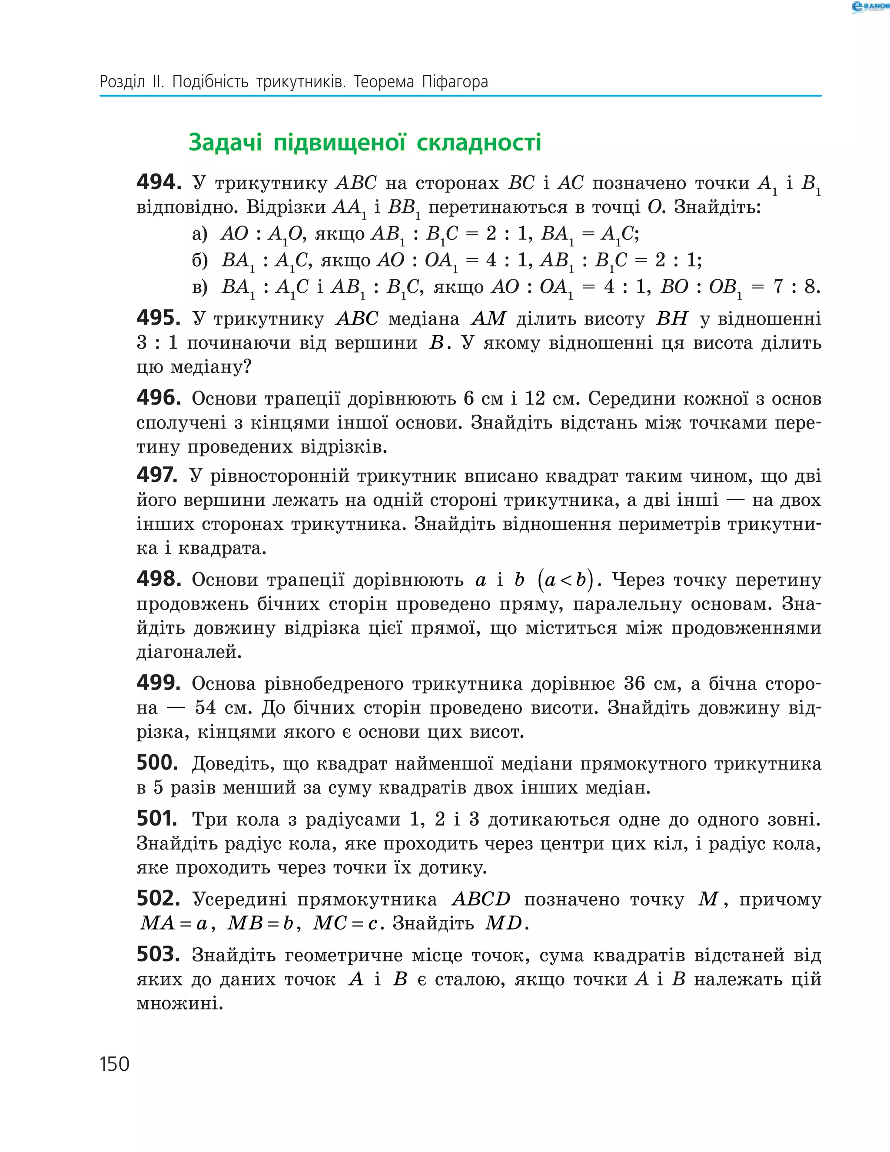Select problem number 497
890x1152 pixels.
pos(157,475)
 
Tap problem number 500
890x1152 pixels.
pos(157,763)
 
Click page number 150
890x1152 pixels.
pos(114,1064)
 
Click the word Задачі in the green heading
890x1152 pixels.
pos(225,143)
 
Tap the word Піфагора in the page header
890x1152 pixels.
pos(455,82)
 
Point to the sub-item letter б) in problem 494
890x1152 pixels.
pos(200,260)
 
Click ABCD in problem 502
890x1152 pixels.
pos(481,899)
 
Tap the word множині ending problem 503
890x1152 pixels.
pos(179,1003)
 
